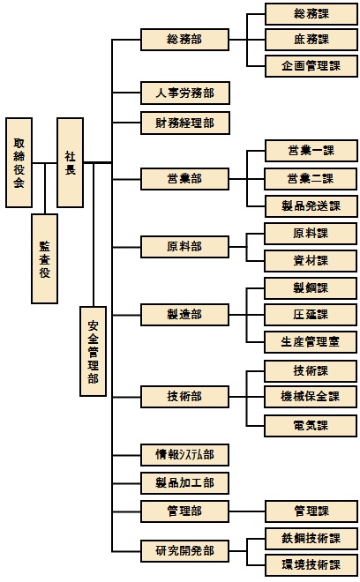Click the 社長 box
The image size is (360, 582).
pos(70,162)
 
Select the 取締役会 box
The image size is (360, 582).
pos(19,162)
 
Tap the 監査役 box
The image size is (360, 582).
pos(45,258)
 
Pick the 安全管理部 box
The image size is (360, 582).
pos(94,351)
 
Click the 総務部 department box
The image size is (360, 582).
pos(184,40)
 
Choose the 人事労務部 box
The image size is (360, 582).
pos(185,93)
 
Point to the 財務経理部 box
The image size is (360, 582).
pos(185,123)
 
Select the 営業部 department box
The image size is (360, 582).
pos(184,179)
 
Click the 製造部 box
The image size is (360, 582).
pos(184,315)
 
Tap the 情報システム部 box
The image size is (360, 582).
pos(184,455)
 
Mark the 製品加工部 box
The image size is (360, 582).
pos(184,483)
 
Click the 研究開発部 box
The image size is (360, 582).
pos(184,551)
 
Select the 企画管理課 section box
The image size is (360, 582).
pos(311,66)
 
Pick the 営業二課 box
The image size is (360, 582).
pos(311,179)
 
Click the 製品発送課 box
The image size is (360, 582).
pos(311,206)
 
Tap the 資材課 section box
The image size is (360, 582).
pos(311,261)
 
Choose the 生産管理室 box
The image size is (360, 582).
pos(311,342)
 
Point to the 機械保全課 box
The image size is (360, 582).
pos(311,397)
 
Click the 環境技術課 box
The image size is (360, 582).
pos(311,565)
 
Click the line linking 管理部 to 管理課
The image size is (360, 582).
pos(247,511)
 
